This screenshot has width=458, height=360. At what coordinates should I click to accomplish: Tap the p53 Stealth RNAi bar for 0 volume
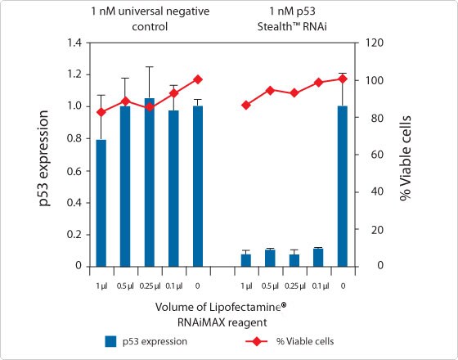tap(343, 186)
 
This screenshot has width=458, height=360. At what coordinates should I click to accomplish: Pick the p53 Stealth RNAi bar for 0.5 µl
tap(270, 258)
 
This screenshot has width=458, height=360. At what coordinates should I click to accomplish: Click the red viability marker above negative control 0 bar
tap(197, 79)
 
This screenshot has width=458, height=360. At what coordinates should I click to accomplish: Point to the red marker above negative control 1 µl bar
tap(101, 112)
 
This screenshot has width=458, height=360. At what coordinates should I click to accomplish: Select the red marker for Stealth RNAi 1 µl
tap(246, 105)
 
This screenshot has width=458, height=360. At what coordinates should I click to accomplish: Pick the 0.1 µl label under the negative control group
tap(173, 285)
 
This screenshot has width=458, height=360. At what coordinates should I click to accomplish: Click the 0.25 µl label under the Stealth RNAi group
tap(294, 285)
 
